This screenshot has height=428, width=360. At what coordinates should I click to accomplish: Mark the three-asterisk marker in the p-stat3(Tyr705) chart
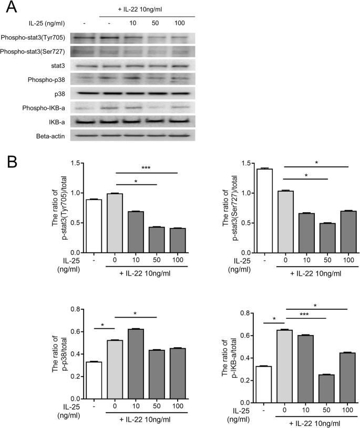click(x=147, y=168)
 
